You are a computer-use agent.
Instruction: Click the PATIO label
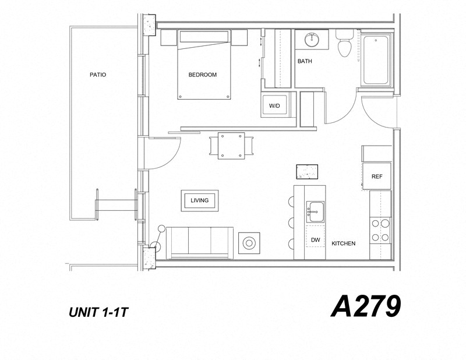[x=98, y=75]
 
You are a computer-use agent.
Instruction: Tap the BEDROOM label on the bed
[x=203, y=75]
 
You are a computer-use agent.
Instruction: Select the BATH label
[x=305, y=61]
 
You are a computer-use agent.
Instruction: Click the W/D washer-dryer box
[x=274, y=106]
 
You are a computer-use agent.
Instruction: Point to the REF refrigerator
[x=377, y=176]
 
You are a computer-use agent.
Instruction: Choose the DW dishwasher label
[x=316, y=240]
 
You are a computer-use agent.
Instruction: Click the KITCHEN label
[x=344, y=243]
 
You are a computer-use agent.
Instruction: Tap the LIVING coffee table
[x=200, y=200]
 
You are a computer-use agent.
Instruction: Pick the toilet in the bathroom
[x=344, y=45]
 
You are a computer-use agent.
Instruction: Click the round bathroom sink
[x=310, y=41]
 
